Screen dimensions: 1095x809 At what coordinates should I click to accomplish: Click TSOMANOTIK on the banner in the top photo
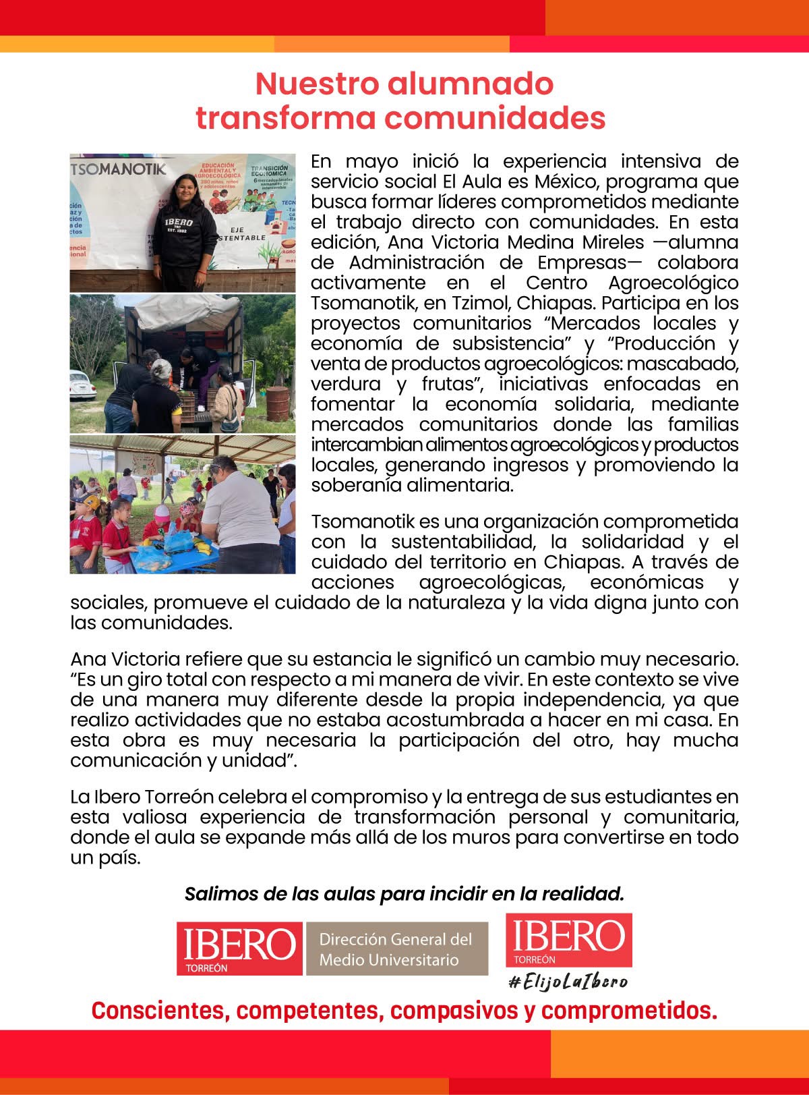coord(119,169)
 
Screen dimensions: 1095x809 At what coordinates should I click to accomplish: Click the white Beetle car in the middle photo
coord(82,391)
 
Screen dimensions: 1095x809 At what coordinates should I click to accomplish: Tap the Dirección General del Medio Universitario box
coord(396,949)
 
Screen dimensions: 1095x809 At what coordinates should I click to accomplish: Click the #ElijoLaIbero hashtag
coord(568,981)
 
